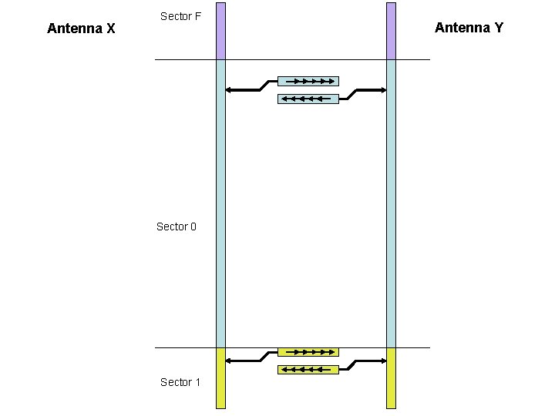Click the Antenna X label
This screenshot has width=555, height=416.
(x=81, y=29)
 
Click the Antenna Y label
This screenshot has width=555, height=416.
(x=469, y=28)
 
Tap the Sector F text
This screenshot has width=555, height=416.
(x=180, y=16)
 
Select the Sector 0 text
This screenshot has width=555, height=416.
(x=177, y=226)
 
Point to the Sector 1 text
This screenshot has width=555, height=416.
(x=180, y=382)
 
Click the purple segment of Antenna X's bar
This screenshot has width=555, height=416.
(x=220, y=31)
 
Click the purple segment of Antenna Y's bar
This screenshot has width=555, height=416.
(x=391, y=31)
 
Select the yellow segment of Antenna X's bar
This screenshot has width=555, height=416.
(x=220, y=377)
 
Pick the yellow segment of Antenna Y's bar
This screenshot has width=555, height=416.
(x=391, y=377)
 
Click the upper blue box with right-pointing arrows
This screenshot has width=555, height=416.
(x=308, y=80)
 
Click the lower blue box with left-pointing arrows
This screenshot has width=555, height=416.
(x=308, y=99)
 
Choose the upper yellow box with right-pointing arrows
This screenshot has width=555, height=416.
(x=308, y=352)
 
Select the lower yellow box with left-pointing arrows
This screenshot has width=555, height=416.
(x=308, y=370)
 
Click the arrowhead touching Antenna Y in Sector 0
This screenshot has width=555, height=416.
(x=382, y=90)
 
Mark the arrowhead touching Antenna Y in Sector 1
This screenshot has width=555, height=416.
(x=382, y=361)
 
